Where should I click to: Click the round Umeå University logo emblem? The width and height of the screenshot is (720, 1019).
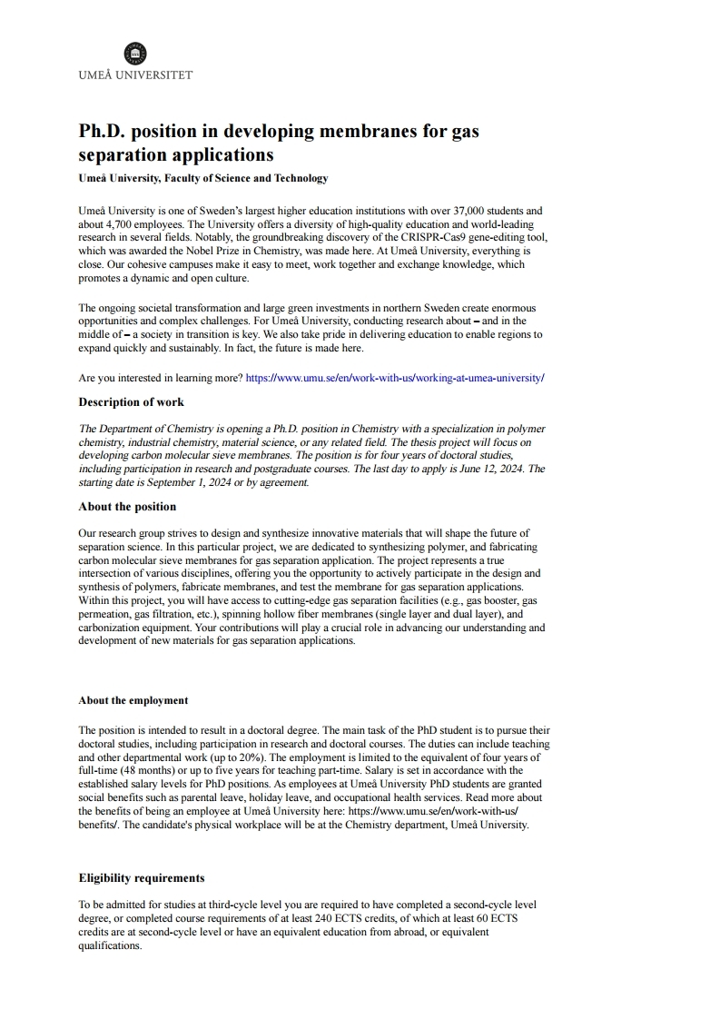click(134, 53)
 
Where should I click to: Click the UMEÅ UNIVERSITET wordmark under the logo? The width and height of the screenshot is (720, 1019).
click(135, 74)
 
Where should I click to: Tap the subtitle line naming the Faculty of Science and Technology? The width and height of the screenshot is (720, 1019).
click(203, 178)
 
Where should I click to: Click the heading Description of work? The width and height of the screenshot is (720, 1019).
click(131, 401)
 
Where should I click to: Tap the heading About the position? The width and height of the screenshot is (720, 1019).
click(127, 506)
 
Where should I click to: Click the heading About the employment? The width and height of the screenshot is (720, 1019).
click(133, 700)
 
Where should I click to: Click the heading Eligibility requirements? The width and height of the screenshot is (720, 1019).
click(142, 877)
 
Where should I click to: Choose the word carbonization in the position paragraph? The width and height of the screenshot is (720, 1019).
click(108, 627)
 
